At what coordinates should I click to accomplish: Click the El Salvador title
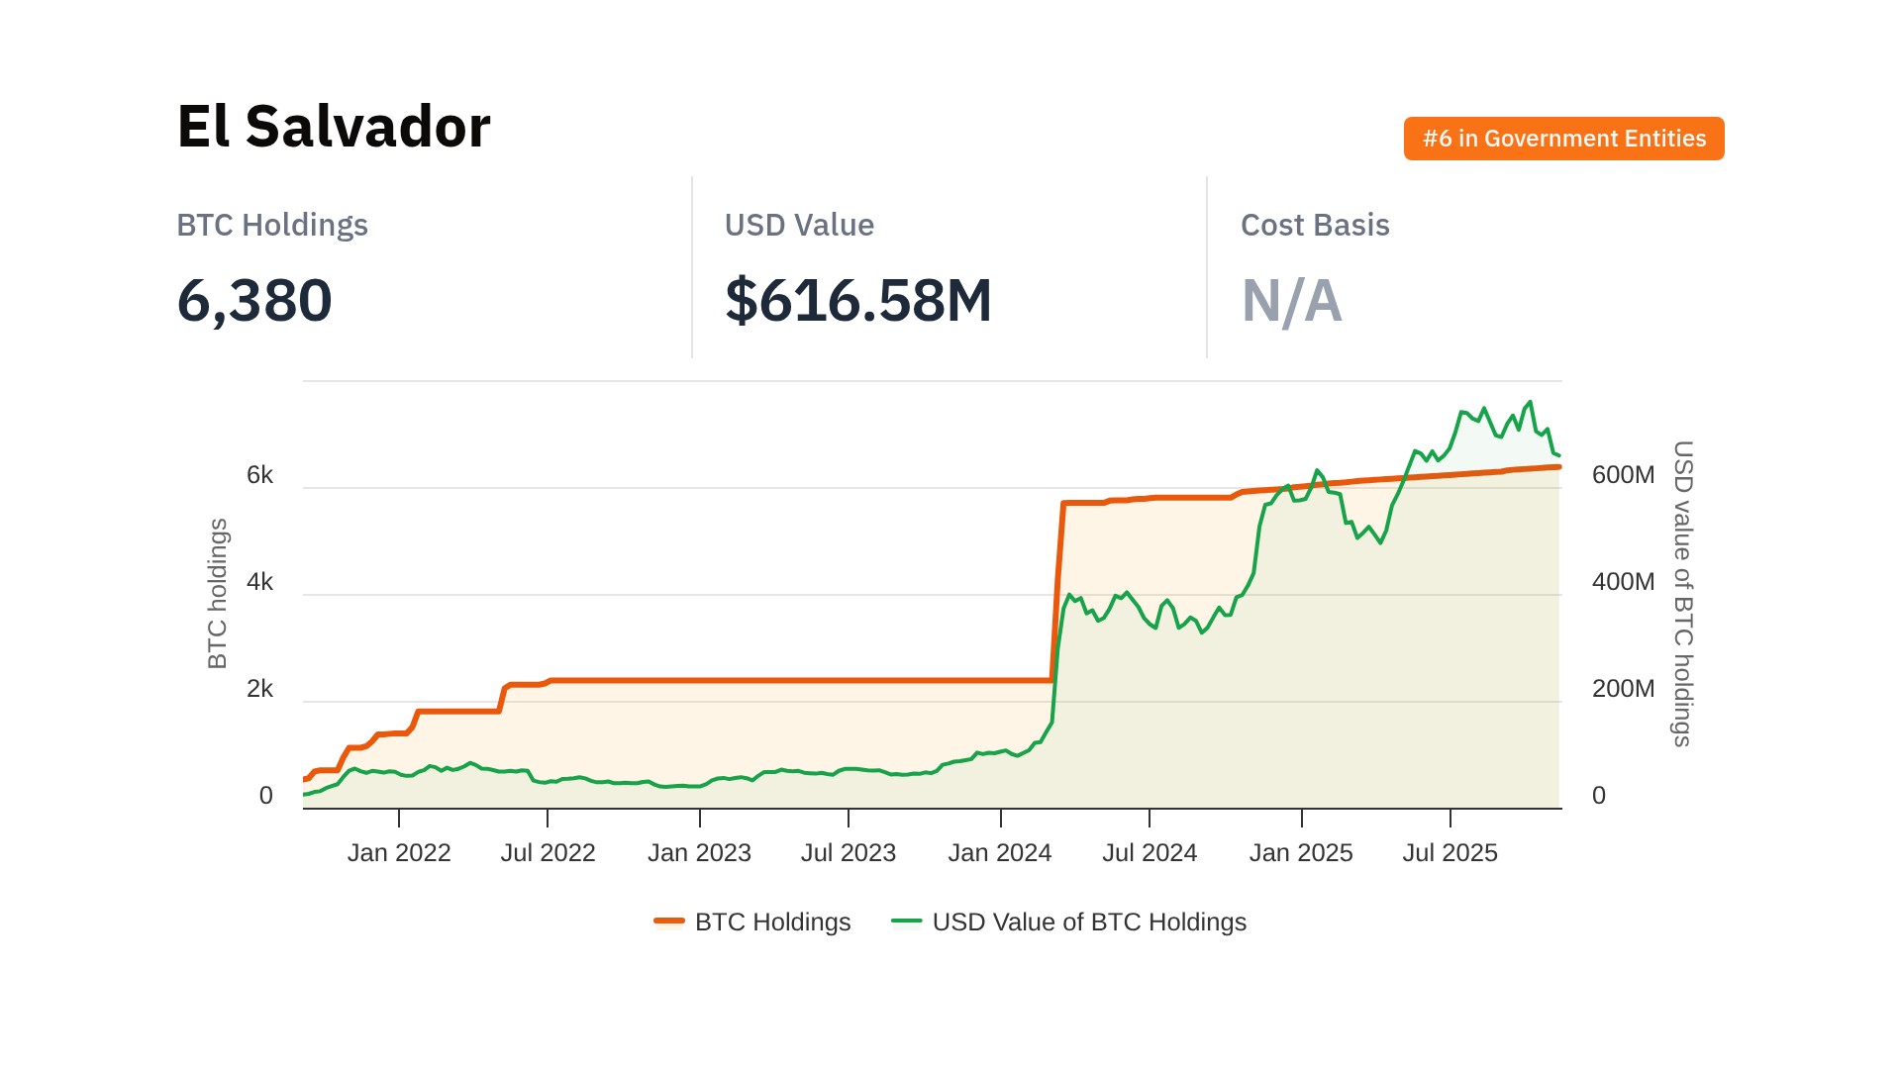[x=334, y=127]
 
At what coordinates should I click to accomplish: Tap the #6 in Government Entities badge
[x=1563, y=139]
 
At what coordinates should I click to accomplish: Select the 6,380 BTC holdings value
[x=254, y=301]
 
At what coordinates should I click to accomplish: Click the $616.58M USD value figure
[x=857, y=301]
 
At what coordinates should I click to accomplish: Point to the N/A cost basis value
[x=1291, y=301]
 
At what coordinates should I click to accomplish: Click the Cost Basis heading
[x=1314, y=225]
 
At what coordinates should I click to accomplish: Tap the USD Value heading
[x=799, y=225]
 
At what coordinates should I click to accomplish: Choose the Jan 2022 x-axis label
[x=399, y=852]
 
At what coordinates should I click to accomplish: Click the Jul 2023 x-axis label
[x=849, y=852]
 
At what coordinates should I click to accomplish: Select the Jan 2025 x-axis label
[x=1301, y=852]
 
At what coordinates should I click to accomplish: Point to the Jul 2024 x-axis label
[x=1150, y=852]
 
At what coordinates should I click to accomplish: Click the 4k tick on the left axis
[x=259, y=582]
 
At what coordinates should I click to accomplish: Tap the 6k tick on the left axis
[x=259, y=475]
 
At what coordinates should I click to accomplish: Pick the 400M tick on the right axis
[x=1623, y=582]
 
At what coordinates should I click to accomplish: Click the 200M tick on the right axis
[x=1623, y=689]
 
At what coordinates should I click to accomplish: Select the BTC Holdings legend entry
[x=752, y=922]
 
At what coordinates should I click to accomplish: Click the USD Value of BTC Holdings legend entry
[x=1069, y=922]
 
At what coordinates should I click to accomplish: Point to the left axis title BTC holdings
[x=218, y=594]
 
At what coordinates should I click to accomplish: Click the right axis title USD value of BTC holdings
[x=1682, y=594]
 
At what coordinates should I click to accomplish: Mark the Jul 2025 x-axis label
[x=1450, y=852]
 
